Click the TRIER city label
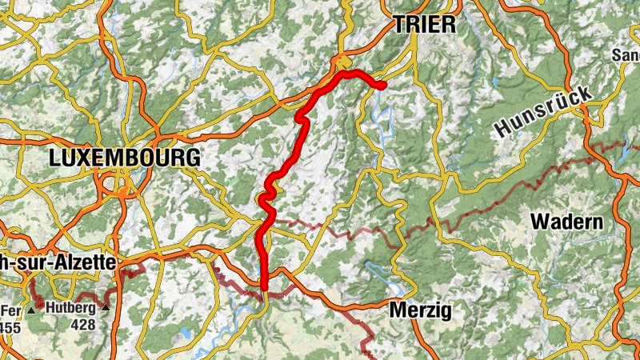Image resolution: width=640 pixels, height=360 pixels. pyautogui.click(x=424, y=25)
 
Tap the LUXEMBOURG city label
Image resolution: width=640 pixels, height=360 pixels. pyautogui.click(x=124, y=158)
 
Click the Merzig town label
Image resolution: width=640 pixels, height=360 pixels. pyautogui.click(x=421, y=310)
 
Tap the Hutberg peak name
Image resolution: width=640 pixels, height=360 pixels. pyautogui.click(x=71, y=308)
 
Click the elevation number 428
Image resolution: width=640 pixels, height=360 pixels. pyautogui.click(x=82, y=324)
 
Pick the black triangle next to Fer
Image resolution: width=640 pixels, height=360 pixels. pyautogui.click(x=30, y=310)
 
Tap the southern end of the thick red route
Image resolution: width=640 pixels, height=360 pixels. pyautogui.click(x=264, y=286)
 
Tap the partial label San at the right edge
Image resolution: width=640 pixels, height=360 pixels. pyautogui.click(x=626, y=55)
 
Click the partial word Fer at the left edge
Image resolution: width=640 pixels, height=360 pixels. pyautogui.click(x=10, y=310)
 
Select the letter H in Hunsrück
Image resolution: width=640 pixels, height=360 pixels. pyautogui.click(x=503, y=129)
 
